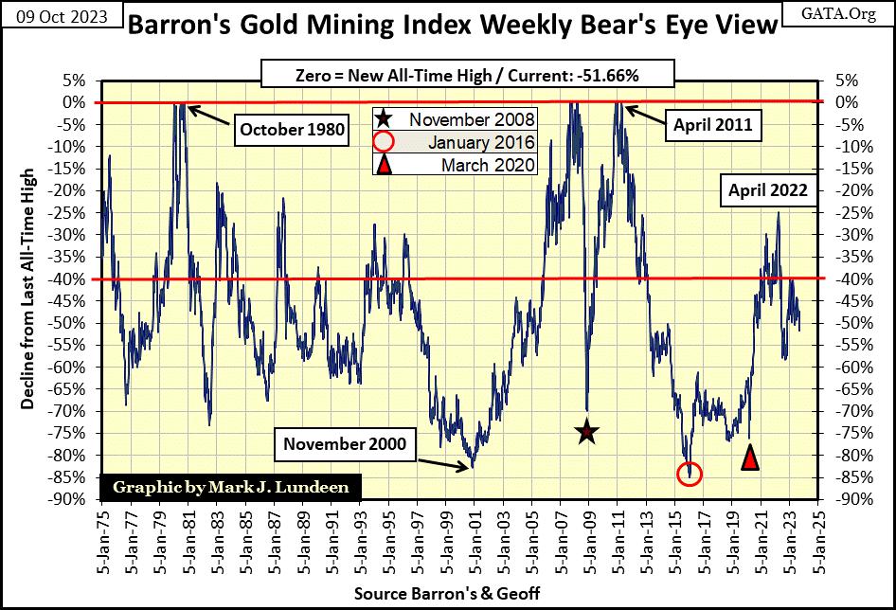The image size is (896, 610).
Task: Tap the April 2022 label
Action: point(767,190)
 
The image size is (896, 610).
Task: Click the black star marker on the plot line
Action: point(587,433)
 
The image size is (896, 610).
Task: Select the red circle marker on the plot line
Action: point(690,474)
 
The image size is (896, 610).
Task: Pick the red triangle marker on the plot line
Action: point(750,458)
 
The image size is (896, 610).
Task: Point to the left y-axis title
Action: point(28,289)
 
